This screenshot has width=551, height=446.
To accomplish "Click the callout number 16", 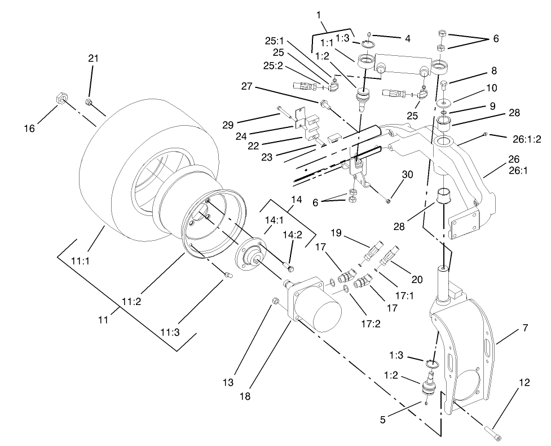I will tap(29, 129).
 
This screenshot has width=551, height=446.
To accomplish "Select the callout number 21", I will tap(94, 58).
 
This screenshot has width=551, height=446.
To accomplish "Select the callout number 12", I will tap(524, 383).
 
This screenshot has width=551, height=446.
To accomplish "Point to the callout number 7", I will tap(524, 328).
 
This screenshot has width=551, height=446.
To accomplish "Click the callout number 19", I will tap(337, 232).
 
